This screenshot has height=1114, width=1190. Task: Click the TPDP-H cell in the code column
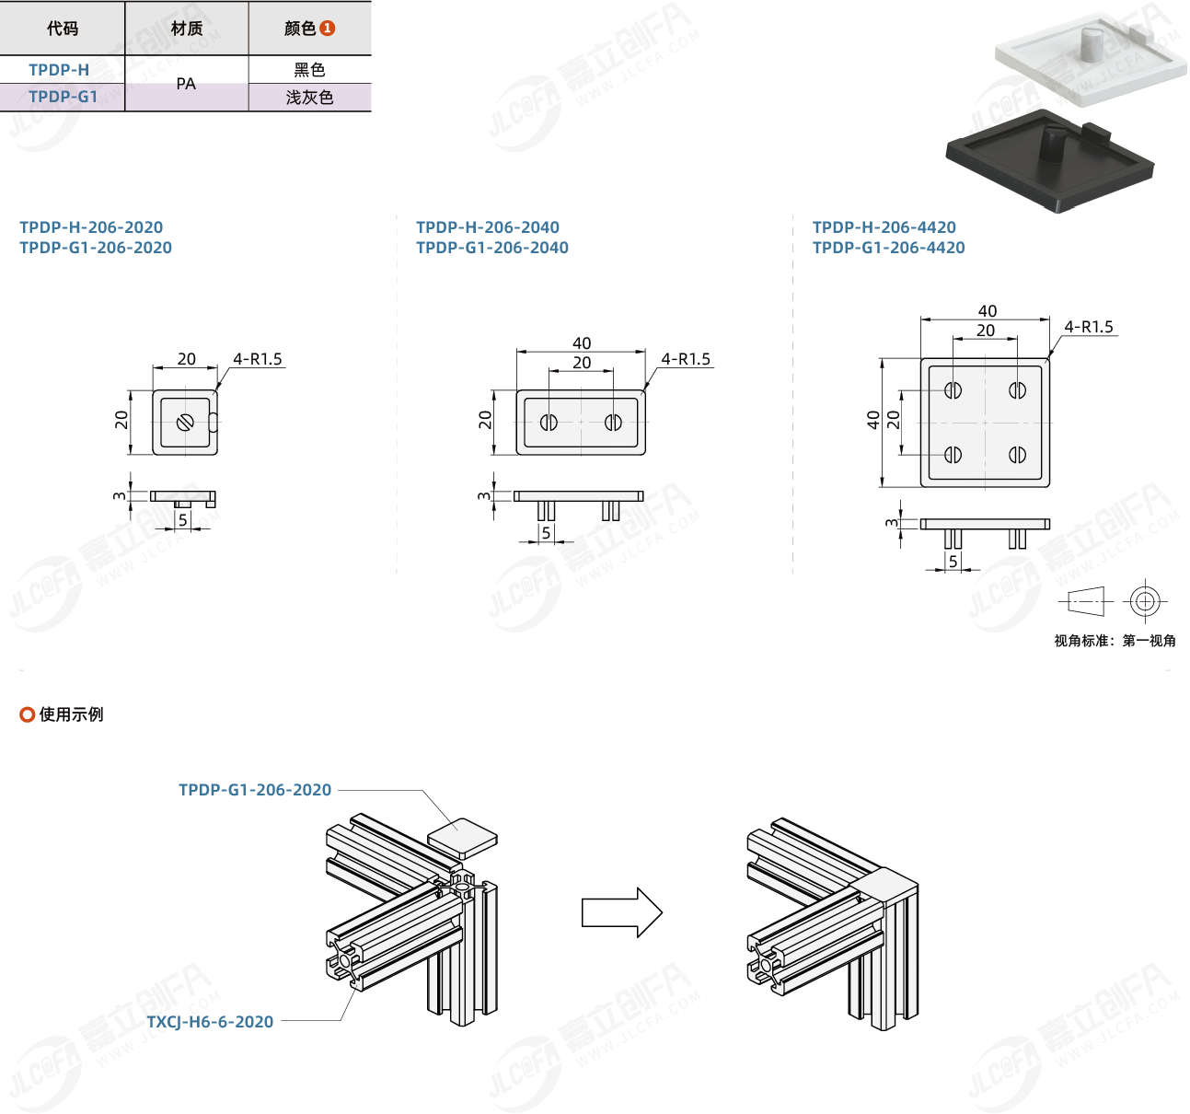click(x=59, y=70)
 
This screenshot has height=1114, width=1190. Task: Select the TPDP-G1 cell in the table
click(x=63, y=97)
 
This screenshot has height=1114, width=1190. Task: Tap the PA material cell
click(x=186, y=84)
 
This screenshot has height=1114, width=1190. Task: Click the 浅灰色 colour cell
click(x=309, y=98)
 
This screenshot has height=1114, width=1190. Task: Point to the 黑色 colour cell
click(x=309, y=70)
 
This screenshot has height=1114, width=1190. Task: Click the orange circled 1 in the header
click(x=328, y=29)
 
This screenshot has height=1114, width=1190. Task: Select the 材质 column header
click(x=187, y=29)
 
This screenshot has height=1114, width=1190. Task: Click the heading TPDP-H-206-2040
click(x=488, y=227)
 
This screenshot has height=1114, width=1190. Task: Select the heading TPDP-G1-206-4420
click(x=889, y=248)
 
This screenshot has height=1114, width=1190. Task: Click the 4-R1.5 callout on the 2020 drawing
click(x=258, y=359)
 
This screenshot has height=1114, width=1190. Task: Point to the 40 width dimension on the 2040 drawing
click(x=582, y=343)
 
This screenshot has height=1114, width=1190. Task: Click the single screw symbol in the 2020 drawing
click(x=185, y=423)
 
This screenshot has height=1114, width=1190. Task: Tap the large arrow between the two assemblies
click(x=622, y=912)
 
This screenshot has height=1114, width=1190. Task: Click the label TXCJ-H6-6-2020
click(x=210, y=1022)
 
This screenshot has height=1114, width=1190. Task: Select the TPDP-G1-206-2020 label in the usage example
click(x=255, y=790)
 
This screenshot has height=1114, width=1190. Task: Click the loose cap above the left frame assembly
click(x=462, y=837)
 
